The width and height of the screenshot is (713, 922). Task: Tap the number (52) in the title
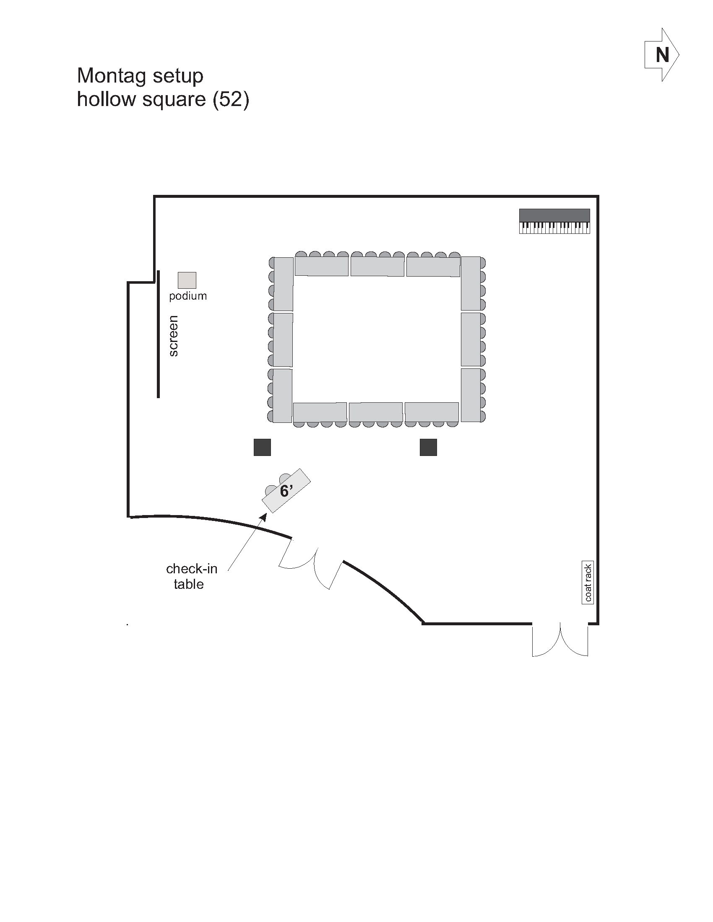(231, 100)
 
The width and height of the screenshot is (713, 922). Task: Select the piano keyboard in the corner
(554, 221)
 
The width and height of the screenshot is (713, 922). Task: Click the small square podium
(187, 280)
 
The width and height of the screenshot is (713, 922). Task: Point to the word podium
(188, 296)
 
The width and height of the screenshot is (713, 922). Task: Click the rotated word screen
(173, 336)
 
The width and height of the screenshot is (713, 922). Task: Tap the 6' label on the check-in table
(286, 491)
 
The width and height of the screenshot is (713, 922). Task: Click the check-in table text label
(191, 576)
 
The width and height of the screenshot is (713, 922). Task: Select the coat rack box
(588, 583)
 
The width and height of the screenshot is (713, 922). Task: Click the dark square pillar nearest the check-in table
(262, 448)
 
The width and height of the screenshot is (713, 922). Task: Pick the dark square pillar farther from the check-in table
(428, 448)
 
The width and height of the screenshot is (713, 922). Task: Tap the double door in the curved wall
(310, 564)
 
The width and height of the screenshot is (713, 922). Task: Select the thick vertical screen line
(159, 334)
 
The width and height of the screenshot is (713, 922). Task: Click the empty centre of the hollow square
(377, 339)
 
